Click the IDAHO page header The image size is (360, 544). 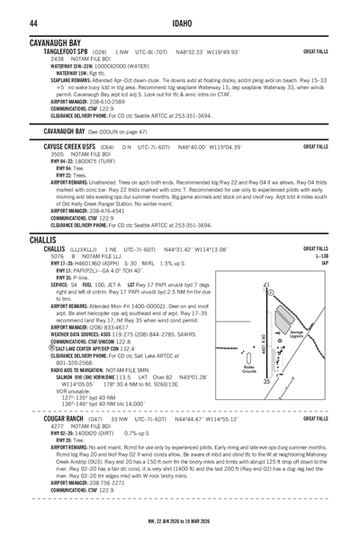(179, 23)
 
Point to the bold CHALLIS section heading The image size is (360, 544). (41, 240)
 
